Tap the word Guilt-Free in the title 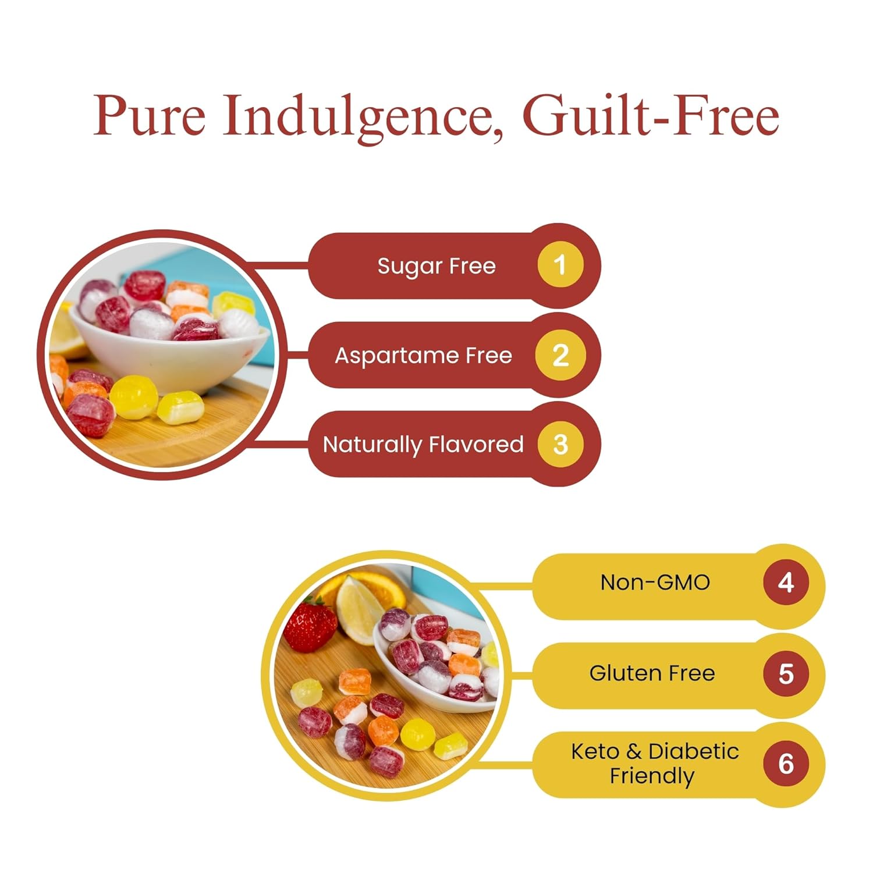[x=651, y=115]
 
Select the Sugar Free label [x=436, y=266]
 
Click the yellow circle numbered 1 [x=560, y=265]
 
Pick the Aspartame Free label [x=423, y=355]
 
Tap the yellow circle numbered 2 [x=560, y=355]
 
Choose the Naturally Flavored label [x=423, y=445]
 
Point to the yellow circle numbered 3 [x=560, y=445]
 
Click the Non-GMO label [x=655, y=583]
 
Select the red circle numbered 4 [x=786, y=583]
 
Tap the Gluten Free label [x=652, y=673]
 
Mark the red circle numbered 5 [x=786, y=673]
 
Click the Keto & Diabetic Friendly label [x=654, y=764]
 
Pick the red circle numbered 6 [x=786, y=764]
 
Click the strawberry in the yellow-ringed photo [x=308, y=626]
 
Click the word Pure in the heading [x=149, y=116]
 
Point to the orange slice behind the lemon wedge [x=384, y=588]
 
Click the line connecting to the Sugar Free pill [x=279, y=266]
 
